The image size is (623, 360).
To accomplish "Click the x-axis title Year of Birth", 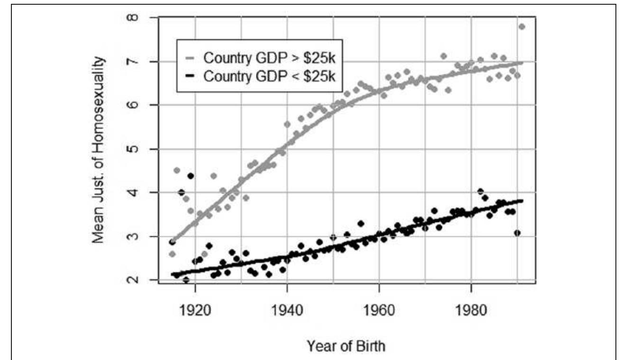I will click(x=346, y=346).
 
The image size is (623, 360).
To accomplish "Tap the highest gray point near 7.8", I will click(x=522, y=27).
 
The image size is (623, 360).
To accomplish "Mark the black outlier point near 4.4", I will click(x=191, y=175).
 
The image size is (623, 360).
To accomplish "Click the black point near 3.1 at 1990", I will click(x=517, y=233).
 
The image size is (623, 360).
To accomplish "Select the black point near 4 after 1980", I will click(x=480, y=191).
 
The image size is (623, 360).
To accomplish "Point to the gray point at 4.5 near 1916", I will click(x=177, y=170).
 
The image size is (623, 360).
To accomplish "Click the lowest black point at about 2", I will click(x=186, y=280).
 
